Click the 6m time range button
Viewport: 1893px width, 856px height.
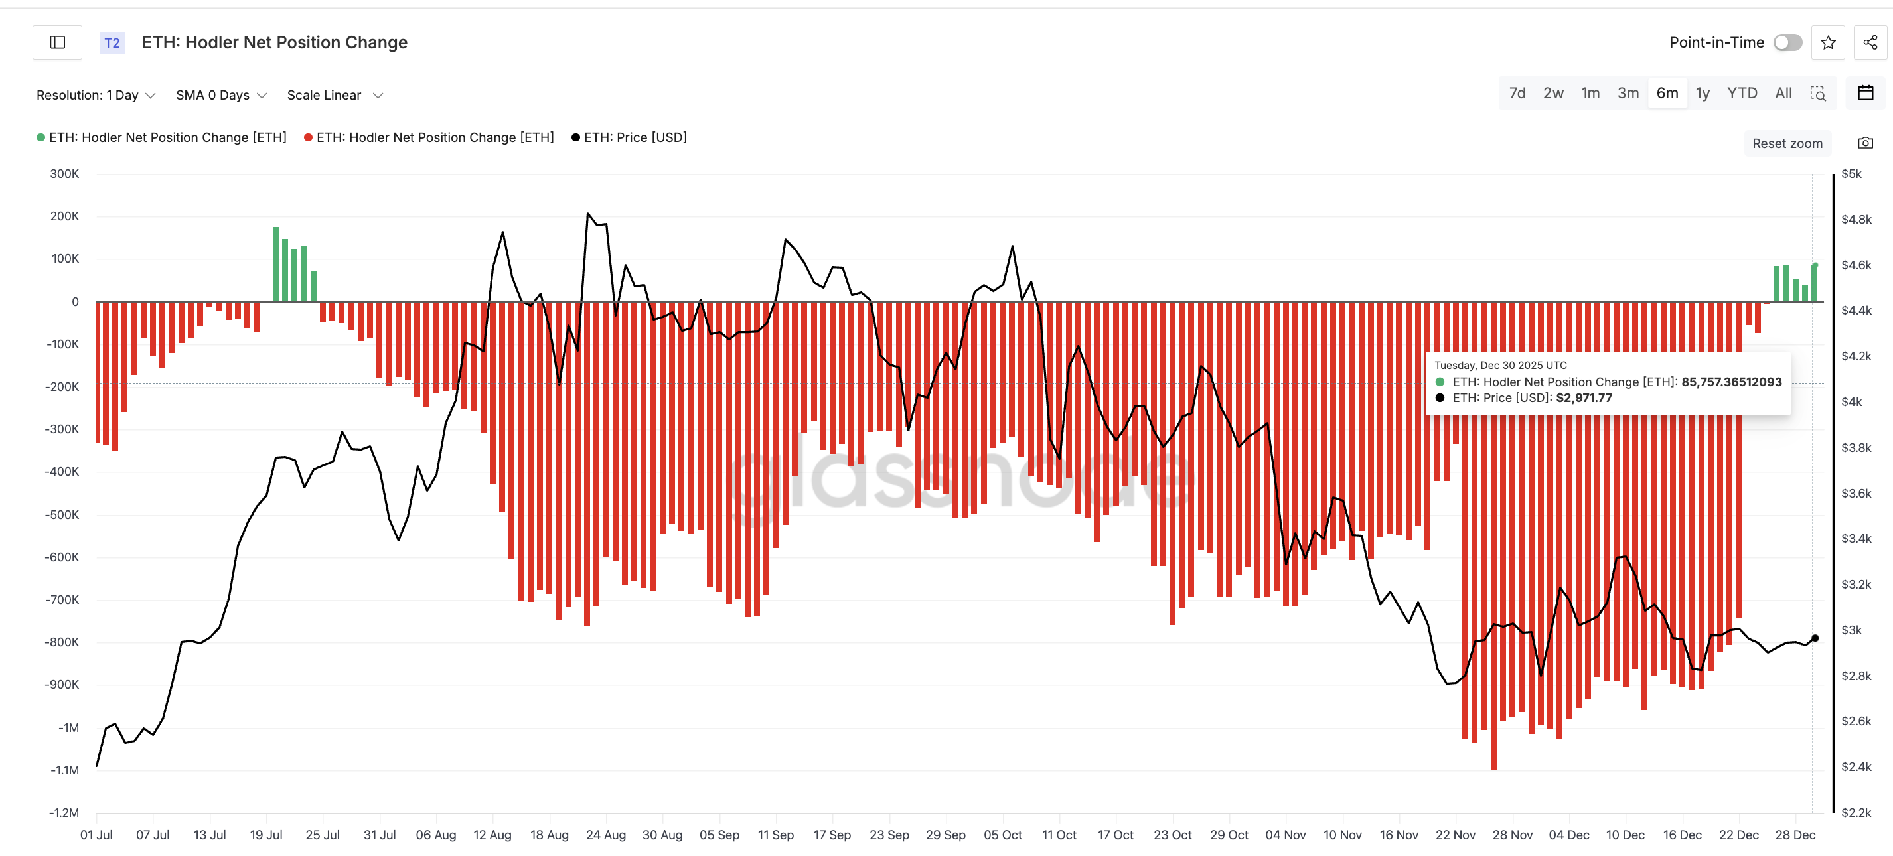point(1667,94)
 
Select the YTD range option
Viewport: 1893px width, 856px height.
point(1742,94)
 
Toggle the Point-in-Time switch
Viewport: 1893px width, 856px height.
point(1787,42)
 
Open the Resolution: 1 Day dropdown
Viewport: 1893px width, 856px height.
point(96,95)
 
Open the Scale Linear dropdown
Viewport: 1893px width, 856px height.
point(335,95)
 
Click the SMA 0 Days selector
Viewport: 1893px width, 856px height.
point(221,95)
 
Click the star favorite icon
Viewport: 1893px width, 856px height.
point(1829,42)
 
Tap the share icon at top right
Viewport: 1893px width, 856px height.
point(1870,42)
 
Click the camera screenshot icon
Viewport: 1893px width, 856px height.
point(1865,143)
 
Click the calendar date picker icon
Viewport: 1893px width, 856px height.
point(1865,94)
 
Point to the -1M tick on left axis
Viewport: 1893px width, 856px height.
point(69,727)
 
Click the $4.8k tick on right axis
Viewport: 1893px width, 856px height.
point(1856,220)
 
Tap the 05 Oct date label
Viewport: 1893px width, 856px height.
point(1002,835)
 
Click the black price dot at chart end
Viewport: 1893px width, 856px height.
point(1815,638)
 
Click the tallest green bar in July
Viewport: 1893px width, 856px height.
point(275,265)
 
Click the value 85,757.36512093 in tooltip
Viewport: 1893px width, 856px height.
point(1730,382)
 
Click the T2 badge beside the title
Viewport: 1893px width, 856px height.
point(112,42)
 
